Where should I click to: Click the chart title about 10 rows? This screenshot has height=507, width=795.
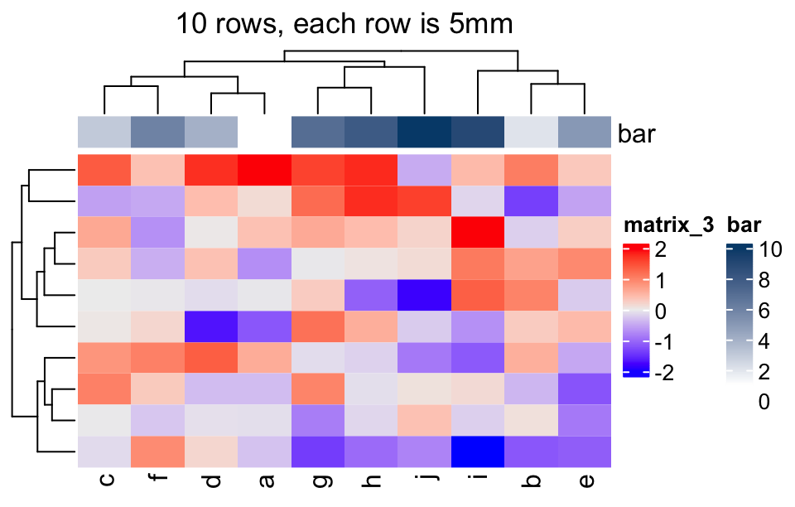click(x=344, y=24)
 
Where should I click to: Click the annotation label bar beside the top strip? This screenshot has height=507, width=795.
click(x=636, y=133)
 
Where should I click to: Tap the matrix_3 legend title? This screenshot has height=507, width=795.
click(x=669, y=225)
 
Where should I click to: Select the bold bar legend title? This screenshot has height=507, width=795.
click(x=744, y=225)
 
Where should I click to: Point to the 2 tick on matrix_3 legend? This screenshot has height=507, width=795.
click(x=660, y=249)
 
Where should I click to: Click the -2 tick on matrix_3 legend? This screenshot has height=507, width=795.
click(x=663, y=373)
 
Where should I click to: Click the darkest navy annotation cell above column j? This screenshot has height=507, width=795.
click(x=424, y=133)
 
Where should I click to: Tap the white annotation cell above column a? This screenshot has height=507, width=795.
click(x=264, y=133)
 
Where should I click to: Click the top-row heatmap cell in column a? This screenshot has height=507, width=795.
click(x=264, y=170)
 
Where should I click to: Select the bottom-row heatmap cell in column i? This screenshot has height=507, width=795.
click(x=478, y=451)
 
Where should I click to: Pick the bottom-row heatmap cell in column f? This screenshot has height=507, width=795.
click(x=157, y=451)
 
